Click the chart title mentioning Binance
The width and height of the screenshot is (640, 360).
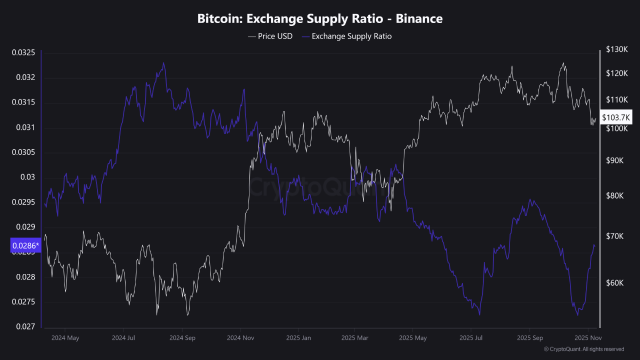click(320, 19)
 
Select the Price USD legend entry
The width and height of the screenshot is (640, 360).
click(270, 36)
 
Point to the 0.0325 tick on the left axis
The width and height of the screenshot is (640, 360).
click(23, 52)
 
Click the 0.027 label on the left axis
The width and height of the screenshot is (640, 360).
click(25, 326)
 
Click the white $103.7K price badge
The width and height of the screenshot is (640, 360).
click(616, 117)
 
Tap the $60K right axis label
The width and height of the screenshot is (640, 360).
click(614, 283)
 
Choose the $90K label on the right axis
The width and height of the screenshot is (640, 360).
click(614, 160)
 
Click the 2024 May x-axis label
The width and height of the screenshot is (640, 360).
click(65, 337)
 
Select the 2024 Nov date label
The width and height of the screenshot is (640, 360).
click(240, 337)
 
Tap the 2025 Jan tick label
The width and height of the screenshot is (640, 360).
click(299, 337)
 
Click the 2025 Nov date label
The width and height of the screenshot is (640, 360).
click(589, 337)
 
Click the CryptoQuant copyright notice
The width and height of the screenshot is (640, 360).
click(583, 349)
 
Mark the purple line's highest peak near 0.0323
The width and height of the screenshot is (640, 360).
click(163, 63)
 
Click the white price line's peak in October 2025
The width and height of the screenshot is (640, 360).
click(563, 63)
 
